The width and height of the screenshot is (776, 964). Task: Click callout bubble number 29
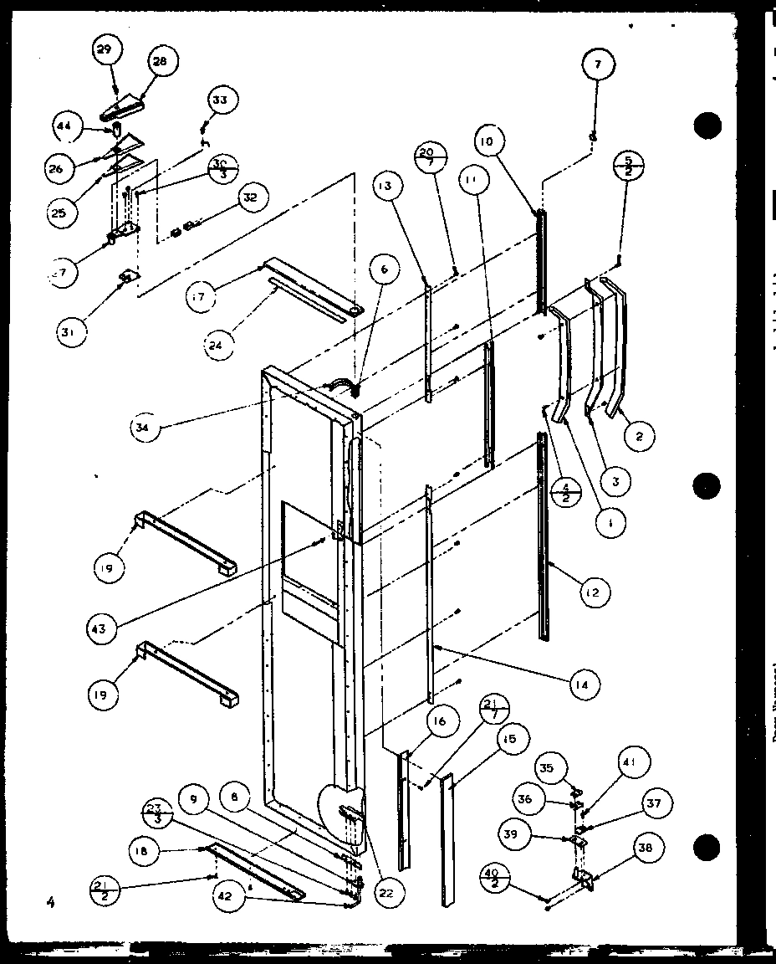[104, 50]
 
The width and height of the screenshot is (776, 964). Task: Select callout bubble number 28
[160, 60]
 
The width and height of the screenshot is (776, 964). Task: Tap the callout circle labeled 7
[600, 64]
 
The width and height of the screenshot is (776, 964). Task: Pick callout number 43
[99, 628]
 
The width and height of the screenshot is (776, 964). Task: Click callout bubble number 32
[248, 199]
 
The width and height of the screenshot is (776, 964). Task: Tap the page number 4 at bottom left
[51, 901]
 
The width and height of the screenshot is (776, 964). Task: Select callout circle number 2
[639, 435]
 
